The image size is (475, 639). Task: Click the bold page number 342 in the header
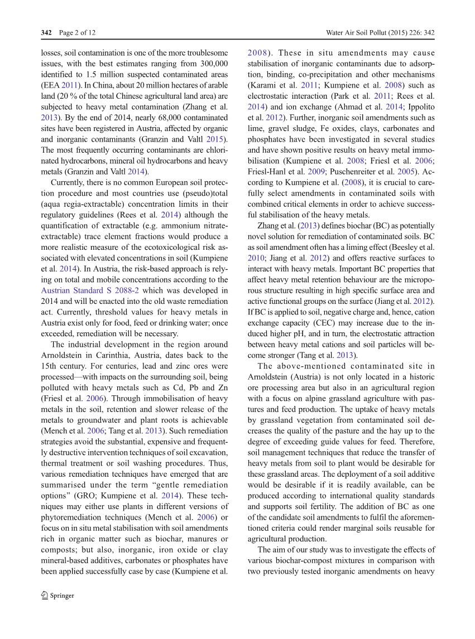click(46, 33)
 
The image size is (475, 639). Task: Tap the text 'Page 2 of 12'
click(77, 33)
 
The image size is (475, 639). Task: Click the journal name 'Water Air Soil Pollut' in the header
click(357, 33)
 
